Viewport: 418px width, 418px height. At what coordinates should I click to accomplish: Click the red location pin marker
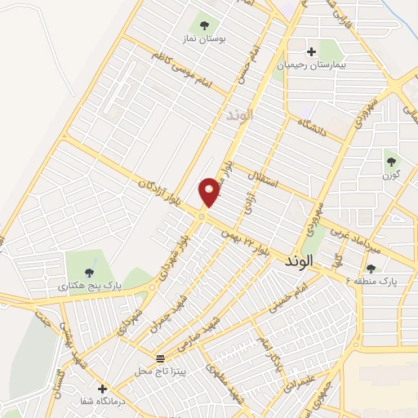pyautogui.click(x=210, y=191)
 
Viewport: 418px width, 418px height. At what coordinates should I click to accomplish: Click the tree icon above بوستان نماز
pyautogui.click(x=203, y=26)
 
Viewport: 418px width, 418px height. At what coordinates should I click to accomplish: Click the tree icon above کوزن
pyautogui.click(x=391, y=162)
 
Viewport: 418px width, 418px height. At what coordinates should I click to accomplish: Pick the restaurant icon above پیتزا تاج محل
pyautogui.click(x=161, y=358)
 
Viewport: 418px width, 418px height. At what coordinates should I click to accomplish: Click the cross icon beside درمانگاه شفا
pyautogui.click(x=102, y=389)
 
